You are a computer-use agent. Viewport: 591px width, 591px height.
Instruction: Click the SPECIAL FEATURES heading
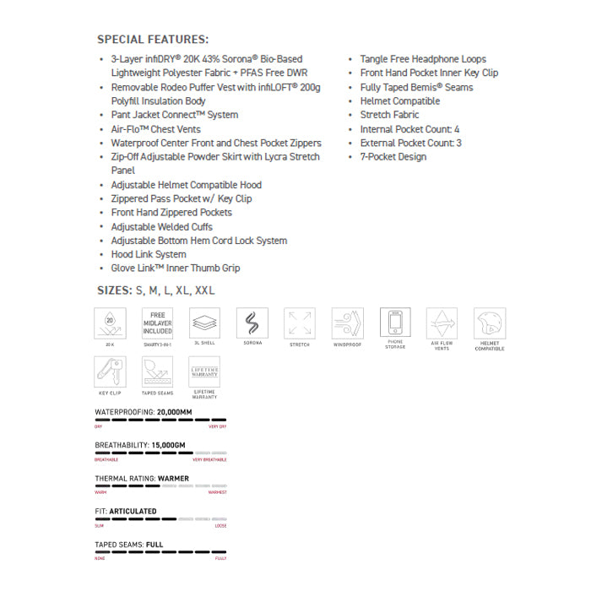[153, 40]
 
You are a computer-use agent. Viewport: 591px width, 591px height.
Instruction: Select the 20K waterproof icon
[111, 323]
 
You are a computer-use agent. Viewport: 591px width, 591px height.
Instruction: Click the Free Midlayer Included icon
[157, 323]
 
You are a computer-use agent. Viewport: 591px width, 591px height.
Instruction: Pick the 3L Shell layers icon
[204, 323]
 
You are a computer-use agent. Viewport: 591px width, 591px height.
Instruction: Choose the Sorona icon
[252, 323]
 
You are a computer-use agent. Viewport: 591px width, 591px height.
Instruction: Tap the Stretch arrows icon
[300, 323]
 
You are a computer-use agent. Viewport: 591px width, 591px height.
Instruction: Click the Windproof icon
[347, 323]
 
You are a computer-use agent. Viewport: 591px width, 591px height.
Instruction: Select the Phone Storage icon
[394, 323]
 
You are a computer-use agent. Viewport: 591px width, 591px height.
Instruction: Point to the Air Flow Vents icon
[442, 323]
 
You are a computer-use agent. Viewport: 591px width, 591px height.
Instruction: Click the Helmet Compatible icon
[490, 323]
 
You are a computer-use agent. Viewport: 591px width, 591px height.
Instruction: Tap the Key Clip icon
[111, 371]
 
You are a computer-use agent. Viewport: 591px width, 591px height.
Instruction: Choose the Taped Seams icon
[157, 371]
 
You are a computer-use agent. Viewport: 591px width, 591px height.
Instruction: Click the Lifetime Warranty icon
[204, 371]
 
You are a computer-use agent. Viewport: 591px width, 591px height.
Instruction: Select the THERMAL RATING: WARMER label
[142, 478]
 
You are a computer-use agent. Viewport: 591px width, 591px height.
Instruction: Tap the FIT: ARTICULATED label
[126, 511]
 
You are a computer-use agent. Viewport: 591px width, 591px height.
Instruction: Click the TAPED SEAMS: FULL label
[129, 545]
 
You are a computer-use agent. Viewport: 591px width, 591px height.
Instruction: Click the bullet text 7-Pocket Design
[393, 157]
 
